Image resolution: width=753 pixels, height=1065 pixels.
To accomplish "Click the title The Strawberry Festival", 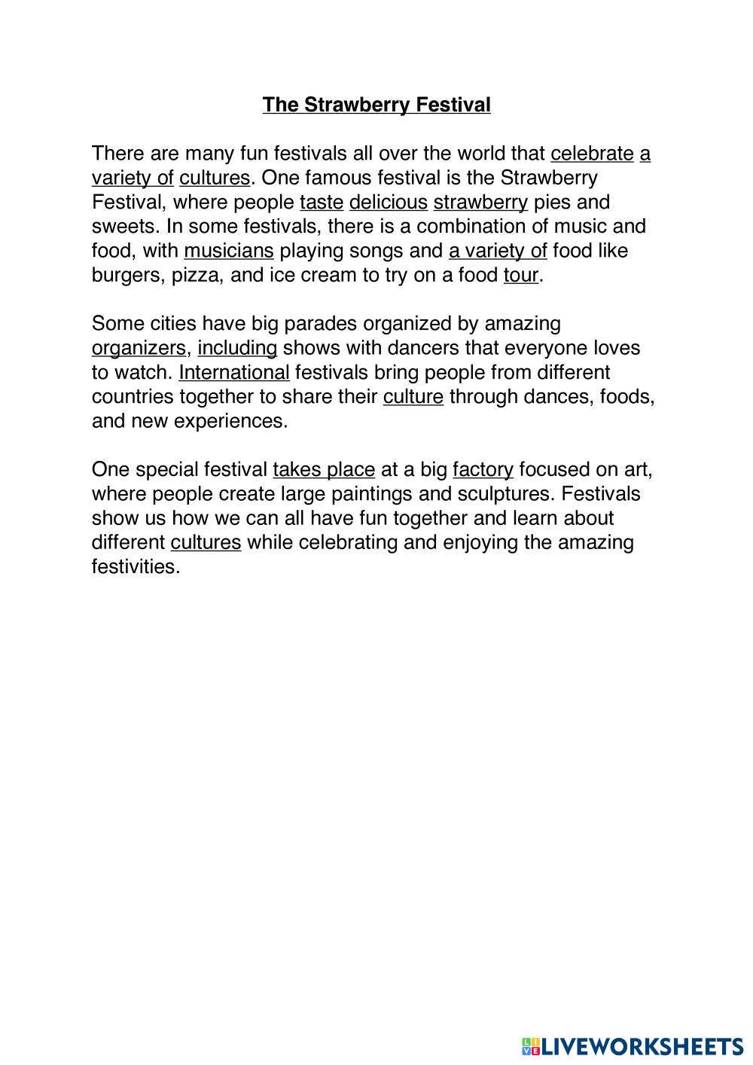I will [376, 105].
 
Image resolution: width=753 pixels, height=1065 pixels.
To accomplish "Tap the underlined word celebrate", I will [592, 154].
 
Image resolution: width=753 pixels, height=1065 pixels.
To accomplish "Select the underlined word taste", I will [322, 203].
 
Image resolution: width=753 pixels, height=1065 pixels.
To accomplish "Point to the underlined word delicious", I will [389, 203].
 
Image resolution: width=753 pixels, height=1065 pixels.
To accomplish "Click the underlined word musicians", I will [228, 251].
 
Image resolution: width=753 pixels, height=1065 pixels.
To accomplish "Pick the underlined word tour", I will [521, 275].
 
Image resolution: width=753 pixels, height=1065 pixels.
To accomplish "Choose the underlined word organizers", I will [139, 348].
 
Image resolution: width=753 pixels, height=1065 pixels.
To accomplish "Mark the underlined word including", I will [237, 348].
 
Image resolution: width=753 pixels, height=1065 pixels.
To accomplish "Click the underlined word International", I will [234, 372].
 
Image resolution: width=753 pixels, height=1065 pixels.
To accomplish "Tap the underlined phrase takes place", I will [324, 470].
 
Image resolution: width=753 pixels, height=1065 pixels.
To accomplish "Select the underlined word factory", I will [483, 470].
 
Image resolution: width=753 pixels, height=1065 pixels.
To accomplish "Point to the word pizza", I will [195, 275].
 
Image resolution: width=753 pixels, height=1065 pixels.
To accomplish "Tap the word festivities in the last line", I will [136, 566].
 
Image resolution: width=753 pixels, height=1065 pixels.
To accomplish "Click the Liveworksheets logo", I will [632, 1045].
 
